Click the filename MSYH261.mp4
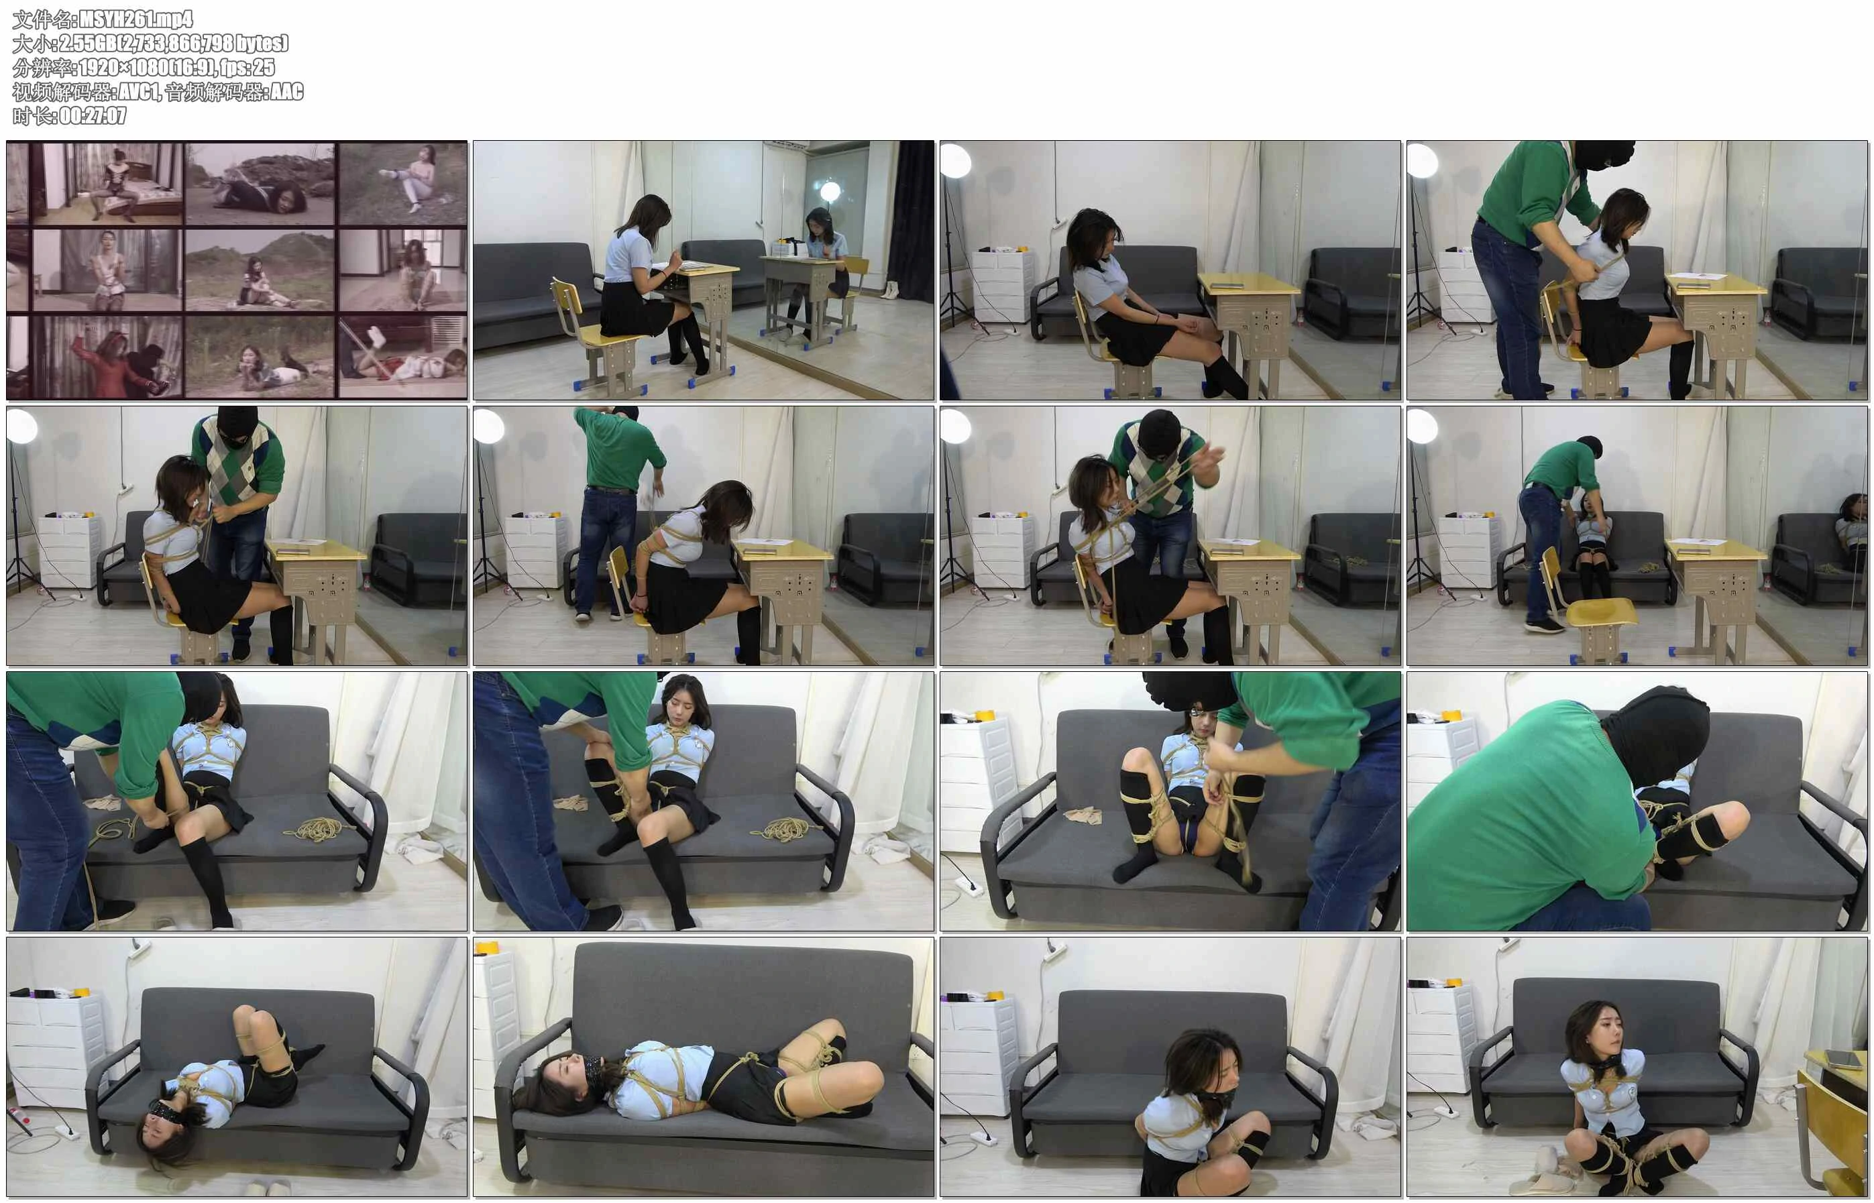click(136, 19)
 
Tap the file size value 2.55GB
click(85, 43)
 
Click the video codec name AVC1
click(139, 91)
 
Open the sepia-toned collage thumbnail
click(237, 270)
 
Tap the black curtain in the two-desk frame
click(911, 211)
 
